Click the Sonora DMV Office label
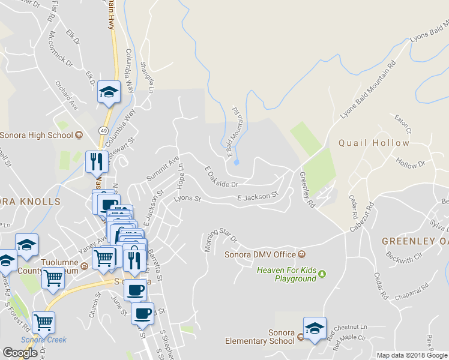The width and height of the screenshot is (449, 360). point(261,254)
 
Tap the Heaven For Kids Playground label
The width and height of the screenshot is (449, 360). point(286,274)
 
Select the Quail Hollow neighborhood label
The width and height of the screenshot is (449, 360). point(374,143)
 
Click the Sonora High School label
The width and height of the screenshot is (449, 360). point(36,135)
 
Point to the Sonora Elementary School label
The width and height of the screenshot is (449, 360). point(259,337)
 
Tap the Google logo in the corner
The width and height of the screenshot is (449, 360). point(20,352)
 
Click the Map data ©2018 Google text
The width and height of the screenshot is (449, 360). point(411,355)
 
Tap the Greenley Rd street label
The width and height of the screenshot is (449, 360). point(307,190)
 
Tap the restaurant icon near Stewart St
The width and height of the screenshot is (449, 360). point(96,161)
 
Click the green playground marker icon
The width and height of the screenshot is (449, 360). point(322,274)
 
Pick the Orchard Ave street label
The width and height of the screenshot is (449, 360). point(67,95)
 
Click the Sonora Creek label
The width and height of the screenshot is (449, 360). point(43,340)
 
